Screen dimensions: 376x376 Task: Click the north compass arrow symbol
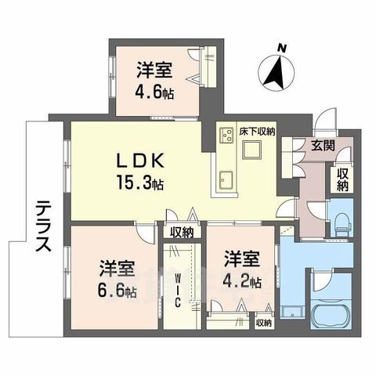tap(276, 72)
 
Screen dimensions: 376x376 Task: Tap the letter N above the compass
tap(281, 48)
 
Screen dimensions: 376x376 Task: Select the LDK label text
tap(140, 161)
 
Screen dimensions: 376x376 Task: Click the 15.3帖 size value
tap(140, 183)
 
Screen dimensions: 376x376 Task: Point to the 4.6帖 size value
tap(154, 92)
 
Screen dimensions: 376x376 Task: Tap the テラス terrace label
tap(43, 226)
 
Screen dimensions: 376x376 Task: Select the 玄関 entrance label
tap(324, 145)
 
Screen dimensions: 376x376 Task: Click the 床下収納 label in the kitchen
tap(258, 132)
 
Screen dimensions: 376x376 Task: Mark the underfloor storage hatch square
tap(251, 150)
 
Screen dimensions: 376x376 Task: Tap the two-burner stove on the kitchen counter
tap(226, 135)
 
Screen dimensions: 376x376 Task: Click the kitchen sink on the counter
tap(226, 180)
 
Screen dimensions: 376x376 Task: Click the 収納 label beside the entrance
tap(342, 179)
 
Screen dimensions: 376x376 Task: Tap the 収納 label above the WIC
tap(182, 233)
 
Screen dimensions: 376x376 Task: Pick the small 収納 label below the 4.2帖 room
tap(264, 323)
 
